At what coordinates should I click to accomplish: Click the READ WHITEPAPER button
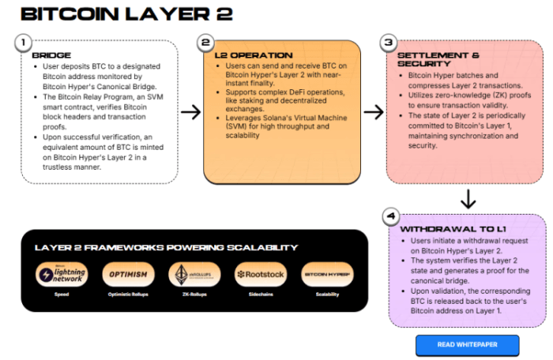(467, 345)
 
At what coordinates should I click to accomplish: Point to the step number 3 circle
(388, 43)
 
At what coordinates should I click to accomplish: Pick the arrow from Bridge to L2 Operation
(190, 111)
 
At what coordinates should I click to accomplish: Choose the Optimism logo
(126, 274)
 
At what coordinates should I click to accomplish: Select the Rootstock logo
(258, 274)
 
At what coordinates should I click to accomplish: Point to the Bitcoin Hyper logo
(327, 274)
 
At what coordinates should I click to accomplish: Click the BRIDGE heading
(51, 55)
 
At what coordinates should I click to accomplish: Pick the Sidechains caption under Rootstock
(258, 294)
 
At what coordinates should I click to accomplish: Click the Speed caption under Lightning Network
(62, 294)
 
